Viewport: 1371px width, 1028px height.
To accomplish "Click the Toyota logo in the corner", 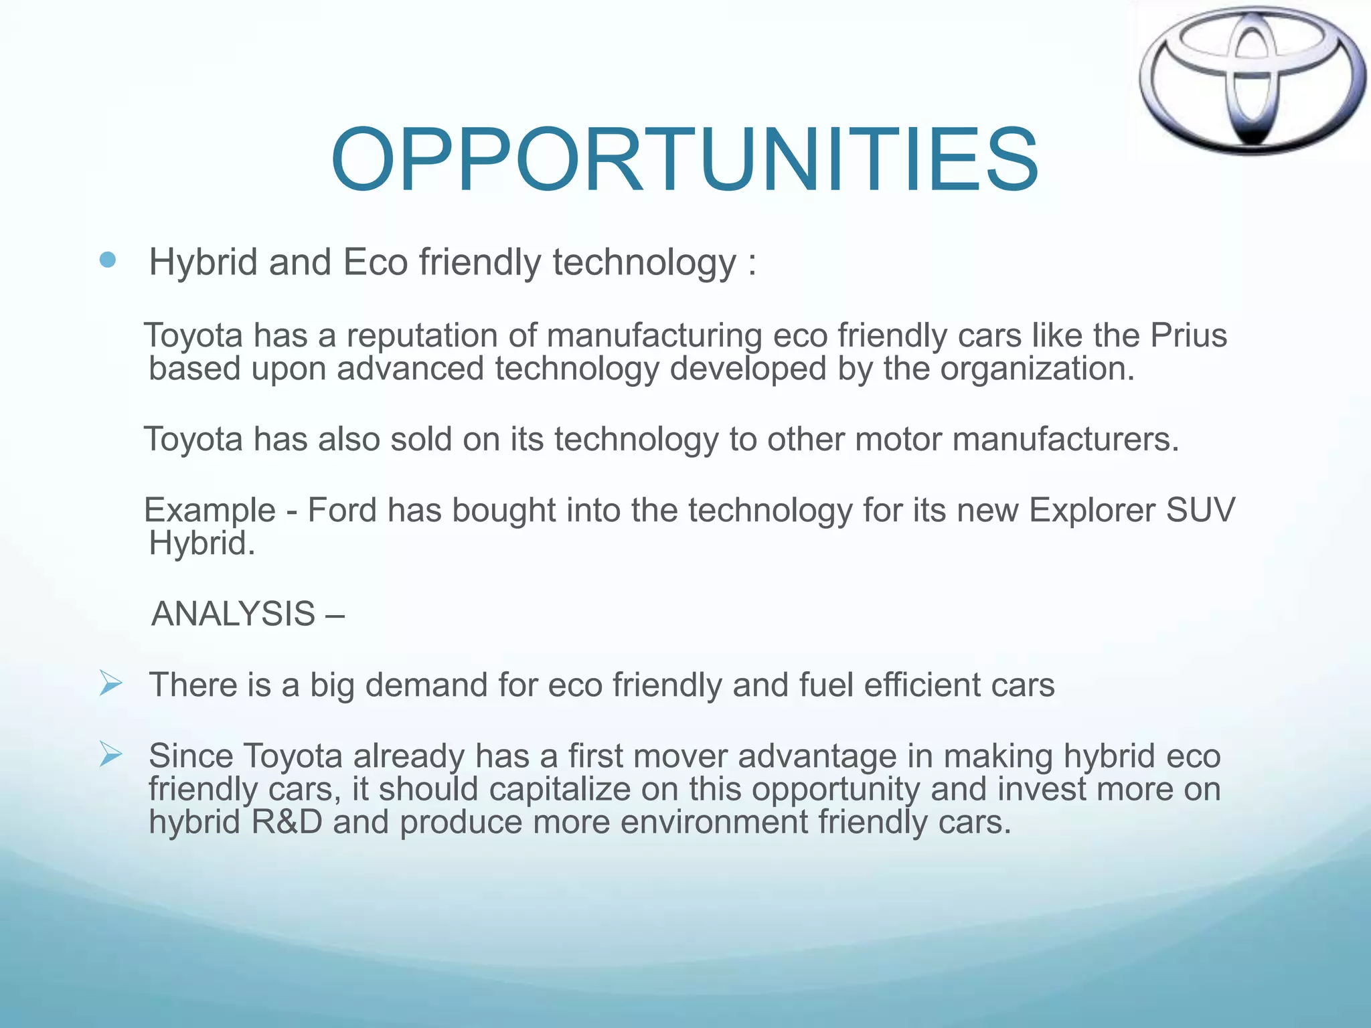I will pyautogui.click(x=1251, y=80).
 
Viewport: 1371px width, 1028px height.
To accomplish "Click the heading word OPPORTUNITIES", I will pyautogui.click(x=684, y=161).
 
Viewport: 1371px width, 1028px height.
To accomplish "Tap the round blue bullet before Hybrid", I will pyautogui.click(x=107, y=260).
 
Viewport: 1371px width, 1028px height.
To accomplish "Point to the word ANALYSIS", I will pyautogui.click(x=233, y=614).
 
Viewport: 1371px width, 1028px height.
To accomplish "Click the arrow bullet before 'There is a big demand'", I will pyautogui.click(x=110, y=683).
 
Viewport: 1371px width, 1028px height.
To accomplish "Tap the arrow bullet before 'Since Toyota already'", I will pyautogui.click(x=110, y=754).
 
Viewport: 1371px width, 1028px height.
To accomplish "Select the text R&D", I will pyautogui.click(x=287, y=822).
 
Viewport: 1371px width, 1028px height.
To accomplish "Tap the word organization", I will pyautogui.click(x=1037, y=369).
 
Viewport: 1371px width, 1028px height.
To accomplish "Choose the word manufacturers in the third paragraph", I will pyautogui.click(x=1064, y=440).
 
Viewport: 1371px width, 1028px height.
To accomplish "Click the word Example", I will pyautogui.click(x=210, y=510).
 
